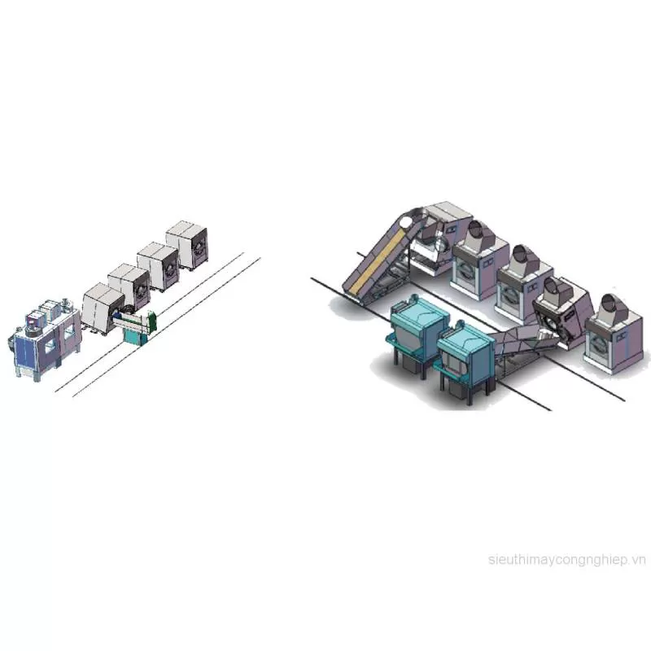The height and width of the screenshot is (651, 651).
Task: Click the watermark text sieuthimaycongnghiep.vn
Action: (x=566, y=560)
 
